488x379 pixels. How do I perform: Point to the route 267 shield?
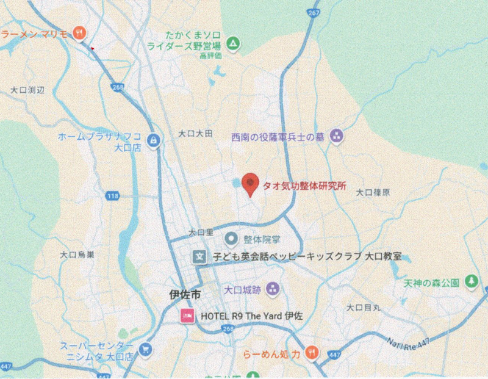(x=314, y=13)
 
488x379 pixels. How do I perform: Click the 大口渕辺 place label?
(x=27, y=90)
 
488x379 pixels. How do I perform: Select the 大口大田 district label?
(x=195, y=133)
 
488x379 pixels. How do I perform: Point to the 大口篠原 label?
(x=373, y=192)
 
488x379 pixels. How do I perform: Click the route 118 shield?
(x=112, y=196)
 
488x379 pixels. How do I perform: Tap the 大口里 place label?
(x=201, y=233)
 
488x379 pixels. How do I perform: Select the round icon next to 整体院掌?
(x=232, y=238)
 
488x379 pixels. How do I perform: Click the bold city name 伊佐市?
(x=185, y=295)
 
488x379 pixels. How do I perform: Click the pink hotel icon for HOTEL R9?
(x=186, y=317)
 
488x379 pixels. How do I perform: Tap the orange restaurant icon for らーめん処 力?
(x=312, y=352)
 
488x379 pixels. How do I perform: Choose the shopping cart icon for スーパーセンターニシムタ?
(x=145, y=349)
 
